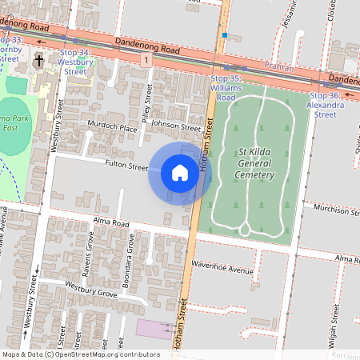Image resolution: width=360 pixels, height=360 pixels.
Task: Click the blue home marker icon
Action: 180,173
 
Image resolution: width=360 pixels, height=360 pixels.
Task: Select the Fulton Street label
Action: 126,167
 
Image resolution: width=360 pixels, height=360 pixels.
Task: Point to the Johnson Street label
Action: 175,126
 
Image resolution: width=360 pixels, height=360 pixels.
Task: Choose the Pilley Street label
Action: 148,104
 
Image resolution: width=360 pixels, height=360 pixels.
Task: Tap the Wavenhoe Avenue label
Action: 222,270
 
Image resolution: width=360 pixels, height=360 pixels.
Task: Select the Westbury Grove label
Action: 91,290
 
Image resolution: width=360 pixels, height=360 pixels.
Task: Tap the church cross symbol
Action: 38,61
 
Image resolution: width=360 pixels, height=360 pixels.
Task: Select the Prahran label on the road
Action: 279,70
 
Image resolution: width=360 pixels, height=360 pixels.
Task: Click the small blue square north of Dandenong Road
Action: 226,35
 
